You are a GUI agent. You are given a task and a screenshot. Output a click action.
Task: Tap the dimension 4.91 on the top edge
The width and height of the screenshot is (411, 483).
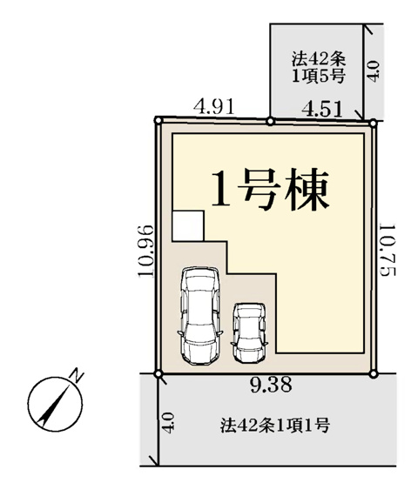pos(214,107)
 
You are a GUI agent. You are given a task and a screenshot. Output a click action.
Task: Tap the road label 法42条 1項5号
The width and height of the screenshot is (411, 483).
pos(318,67)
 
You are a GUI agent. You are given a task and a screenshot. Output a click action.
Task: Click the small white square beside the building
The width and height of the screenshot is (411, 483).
pos(187,225)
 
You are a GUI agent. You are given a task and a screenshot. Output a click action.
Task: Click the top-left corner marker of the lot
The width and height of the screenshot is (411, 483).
pos(158,119)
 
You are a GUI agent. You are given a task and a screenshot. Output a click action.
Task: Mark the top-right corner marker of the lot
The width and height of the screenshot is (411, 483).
pos(374,124)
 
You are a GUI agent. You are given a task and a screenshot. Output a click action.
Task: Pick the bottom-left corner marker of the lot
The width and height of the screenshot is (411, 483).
pos(158,374)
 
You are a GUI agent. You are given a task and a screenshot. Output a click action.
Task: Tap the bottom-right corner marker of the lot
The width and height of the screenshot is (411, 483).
pos(374,374)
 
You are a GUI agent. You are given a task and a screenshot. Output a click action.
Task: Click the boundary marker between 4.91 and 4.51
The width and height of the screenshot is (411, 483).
pos(270,121)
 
